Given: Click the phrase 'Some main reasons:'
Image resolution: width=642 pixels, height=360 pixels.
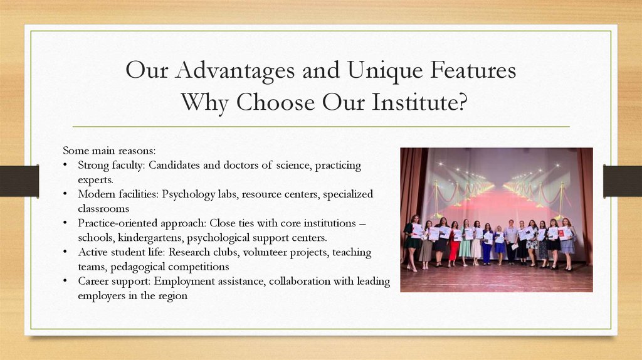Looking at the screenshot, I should point(109,151).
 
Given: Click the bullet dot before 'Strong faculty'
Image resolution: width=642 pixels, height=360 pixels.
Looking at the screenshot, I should point(66,166).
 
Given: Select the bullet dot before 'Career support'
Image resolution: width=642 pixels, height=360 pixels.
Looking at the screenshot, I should point(66,282).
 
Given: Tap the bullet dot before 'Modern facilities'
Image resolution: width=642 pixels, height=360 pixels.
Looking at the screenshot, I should point(66,194).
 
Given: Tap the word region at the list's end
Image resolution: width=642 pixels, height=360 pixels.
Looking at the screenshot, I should point(172,296).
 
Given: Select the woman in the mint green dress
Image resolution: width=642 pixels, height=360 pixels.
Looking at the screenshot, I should point(465,243).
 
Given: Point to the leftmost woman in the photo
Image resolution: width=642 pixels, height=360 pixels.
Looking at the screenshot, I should point(411,241).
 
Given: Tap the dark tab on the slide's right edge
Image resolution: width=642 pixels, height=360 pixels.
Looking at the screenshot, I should point(622,181).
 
